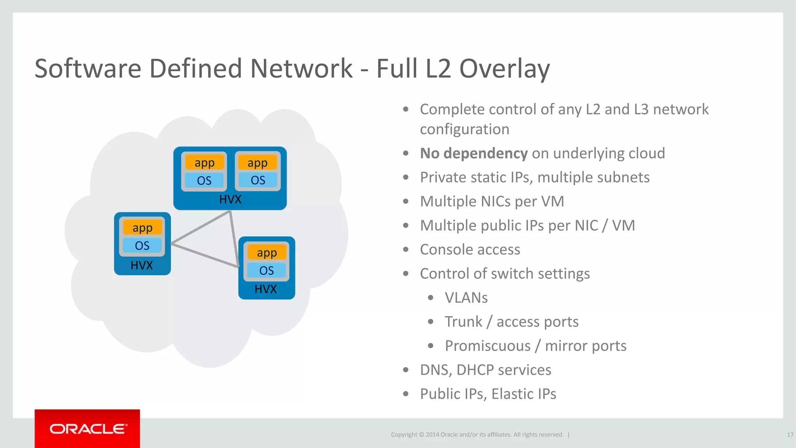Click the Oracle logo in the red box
click(87, 429)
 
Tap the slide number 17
click(790, 435)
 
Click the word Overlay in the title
click(504, 69)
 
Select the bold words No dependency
click(473, 153)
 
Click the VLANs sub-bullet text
click(466, 298)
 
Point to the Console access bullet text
click(470, 250)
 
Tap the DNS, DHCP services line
click(485, 370)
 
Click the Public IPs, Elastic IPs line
click(488, 394)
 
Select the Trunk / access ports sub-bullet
click(511, 322)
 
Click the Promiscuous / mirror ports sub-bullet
click(535, 346)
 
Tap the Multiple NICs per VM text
click(492, 201)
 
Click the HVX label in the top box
click(230, 199)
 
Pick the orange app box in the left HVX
click(142, 227)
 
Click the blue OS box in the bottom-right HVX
click(267, 270)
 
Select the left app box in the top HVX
click(204, 163)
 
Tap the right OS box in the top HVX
click(258, 180)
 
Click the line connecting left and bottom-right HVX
click(204, 255)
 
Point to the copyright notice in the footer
click(477, 435)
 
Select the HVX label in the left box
click(141, 265)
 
